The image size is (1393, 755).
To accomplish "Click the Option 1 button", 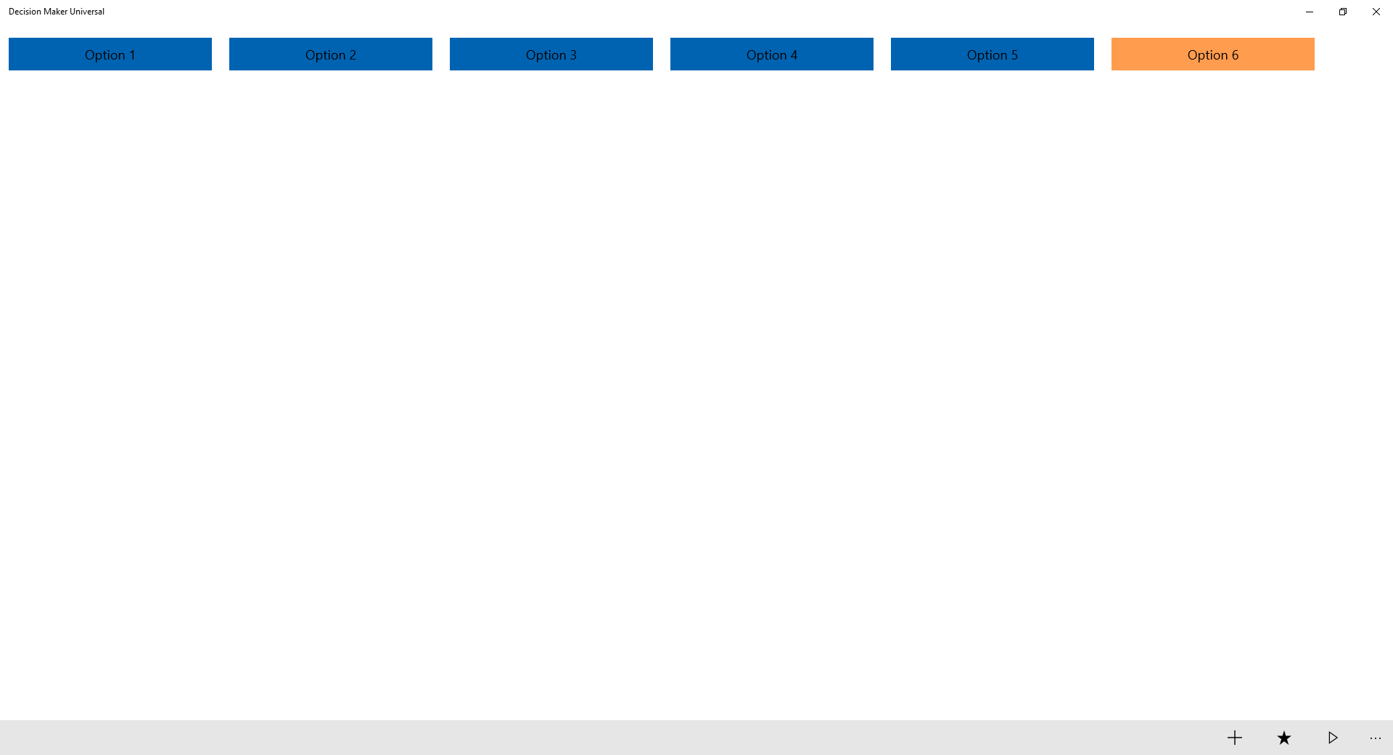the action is coord(110,54).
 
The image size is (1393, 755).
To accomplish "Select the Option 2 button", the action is coord(331,54).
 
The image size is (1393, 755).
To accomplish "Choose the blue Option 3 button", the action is coord(551,54).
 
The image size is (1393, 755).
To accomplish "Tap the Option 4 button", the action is coord(772,54).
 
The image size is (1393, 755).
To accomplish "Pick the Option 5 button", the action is coord(993,54).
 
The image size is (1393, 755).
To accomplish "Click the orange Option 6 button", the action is coord(1213,54).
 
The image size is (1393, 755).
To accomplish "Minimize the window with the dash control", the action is coord(1310,12).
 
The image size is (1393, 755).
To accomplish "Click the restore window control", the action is coord(1343,12).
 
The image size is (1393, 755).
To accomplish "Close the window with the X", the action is coord(1376,12).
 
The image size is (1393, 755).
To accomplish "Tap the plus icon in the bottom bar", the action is coord(1235,738).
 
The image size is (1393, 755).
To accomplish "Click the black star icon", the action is coord(1284,738).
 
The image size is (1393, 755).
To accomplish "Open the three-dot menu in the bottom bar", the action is coord(1376,738).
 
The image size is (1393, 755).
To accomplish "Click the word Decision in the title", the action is coord(25,12).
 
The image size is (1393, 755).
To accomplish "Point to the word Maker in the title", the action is coord(56,12).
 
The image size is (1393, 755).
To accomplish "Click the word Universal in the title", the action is coord(87,12).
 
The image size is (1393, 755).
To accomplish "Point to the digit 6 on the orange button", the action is coord(1235,55).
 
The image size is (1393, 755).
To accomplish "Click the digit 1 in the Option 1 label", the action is coord(132,55).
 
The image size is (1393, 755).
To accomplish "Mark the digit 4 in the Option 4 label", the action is coord(794,55).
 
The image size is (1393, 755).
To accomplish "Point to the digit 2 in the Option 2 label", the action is coord(353,55).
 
